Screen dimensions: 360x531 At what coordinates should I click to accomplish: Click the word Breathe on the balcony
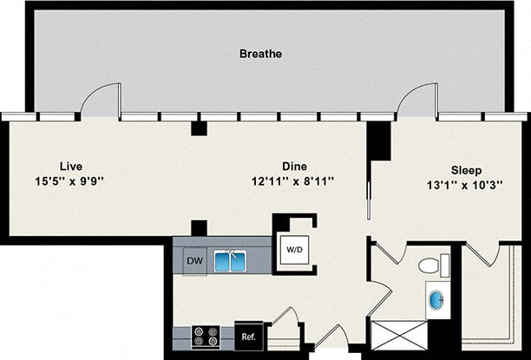click(260, 54)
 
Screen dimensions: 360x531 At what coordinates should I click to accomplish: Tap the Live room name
click(70, 166)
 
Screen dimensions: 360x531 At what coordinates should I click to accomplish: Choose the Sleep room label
click(465, 171)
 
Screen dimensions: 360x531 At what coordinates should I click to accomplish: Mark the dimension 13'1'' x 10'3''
click(465, 185)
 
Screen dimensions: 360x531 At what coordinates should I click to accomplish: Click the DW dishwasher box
click(194, 259)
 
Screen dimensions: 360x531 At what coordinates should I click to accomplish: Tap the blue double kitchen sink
click(230, 260)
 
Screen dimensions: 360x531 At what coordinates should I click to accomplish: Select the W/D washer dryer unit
click(295, 250)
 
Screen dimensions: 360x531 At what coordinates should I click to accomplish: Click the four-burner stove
click(205, 337)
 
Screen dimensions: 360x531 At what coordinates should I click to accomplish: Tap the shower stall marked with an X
click(399, 335)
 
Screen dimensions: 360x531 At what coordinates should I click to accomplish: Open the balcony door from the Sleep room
click(417, 101)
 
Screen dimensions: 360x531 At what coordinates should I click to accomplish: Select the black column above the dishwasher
click(199, 228)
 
